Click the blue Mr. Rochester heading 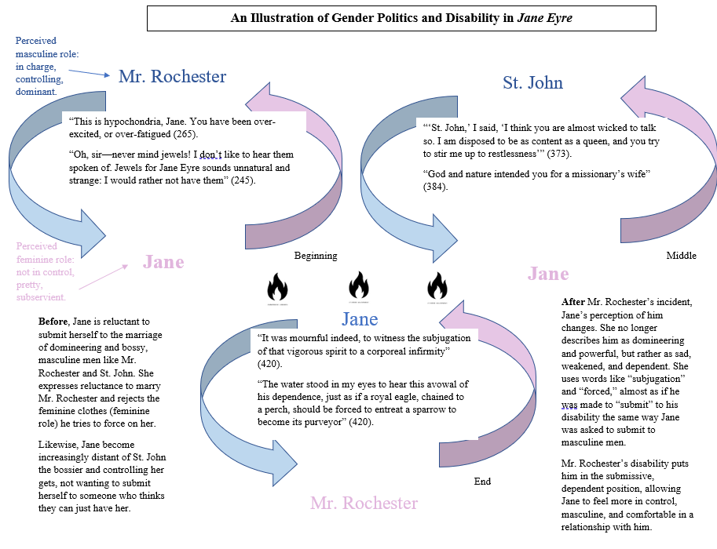coord(172,77)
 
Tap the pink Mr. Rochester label coord(364,503)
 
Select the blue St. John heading coord(532,82)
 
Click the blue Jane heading coord(360,319)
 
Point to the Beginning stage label coord(316,256)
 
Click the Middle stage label coord(681,256)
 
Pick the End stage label coord(482,482)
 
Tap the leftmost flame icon coord(278,287)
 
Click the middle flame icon coord(358,287)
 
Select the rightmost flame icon coord(437,287)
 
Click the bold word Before coord(53,322)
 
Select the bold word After coord(575,302)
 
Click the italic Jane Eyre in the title coord(544,17)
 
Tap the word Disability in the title coord(466,17)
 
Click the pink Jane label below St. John coord(548,274)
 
